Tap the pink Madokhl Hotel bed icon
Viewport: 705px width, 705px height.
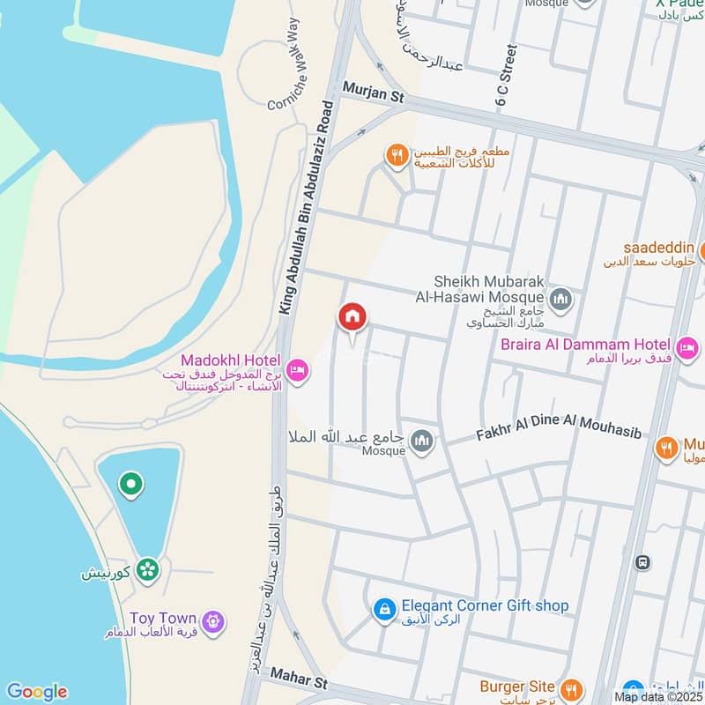(x=298, y=370)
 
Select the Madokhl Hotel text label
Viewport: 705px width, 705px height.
(x=230, y=361)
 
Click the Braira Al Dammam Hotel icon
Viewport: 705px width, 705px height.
(x=687, y=345)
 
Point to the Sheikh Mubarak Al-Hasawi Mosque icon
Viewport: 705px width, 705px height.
(x=561, y=300)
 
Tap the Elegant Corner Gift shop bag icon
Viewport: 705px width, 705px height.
(x=383, y=609)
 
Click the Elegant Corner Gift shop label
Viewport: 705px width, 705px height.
(x=485, y=606)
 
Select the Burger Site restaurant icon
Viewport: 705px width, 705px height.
(x=572, y=686)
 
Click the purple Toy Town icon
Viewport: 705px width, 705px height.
(x=211, y=622)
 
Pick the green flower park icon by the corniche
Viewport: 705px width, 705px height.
(x=147, y=570)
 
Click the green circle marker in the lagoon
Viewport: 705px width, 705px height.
(x=130, y=484)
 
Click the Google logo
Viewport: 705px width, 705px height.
(x=36, y=692)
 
